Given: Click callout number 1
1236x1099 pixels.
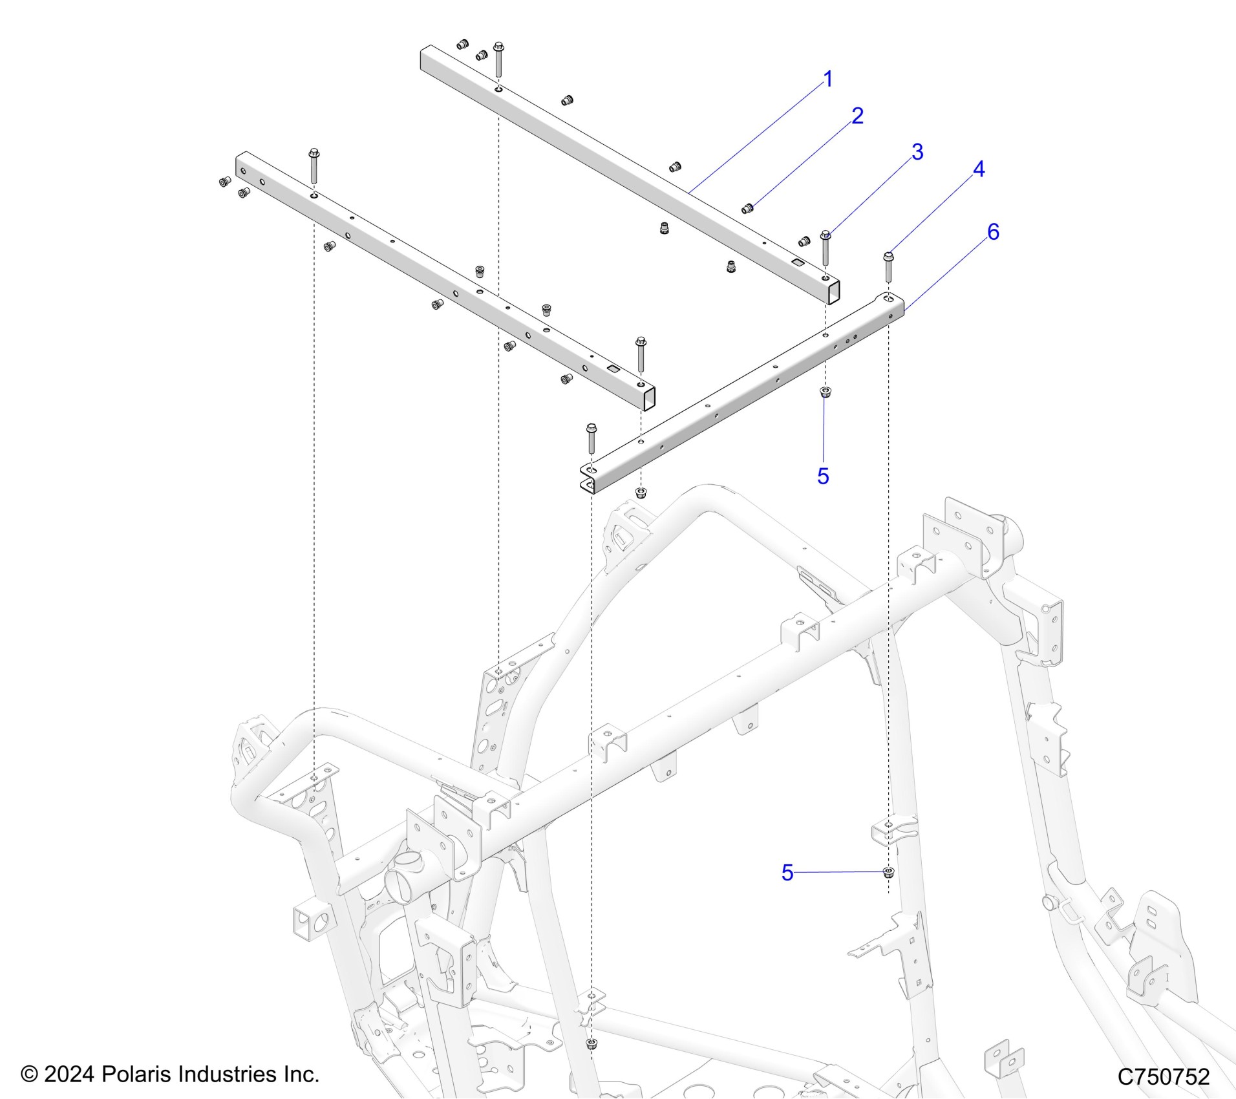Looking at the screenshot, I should [827, 80].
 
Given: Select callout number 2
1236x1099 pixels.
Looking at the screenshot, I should [857, 116].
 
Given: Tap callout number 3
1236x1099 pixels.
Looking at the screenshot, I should [917, 152].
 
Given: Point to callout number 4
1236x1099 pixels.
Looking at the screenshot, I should [979, 169].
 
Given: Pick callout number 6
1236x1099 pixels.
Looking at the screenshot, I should [993, 231].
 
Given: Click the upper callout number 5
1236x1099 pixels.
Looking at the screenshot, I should [823, 476].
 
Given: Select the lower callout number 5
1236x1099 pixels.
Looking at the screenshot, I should [787, 872].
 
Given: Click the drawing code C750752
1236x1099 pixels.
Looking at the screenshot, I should [1163, 1076].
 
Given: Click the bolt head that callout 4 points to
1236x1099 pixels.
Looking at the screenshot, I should [888, 257].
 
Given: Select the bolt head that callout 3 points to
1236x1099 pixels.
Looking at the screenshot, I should [826, 235].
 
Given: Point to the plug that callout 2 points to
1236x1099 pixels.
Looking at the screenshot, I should [748, 208].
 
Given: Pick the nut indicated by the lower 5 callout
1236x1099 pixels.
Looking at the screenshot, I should [888, 872].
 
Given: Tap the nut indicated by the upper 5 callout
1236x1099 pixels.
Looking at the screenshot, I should [825, 392].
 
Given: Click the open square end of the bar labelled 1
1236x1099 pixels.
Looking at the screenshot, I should [834, 292].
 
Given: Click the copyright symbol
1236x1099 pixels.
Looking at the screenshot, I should [29, 1074].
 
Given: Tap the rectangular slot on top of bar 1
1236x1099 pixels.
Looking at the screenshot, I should [798, 262].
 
